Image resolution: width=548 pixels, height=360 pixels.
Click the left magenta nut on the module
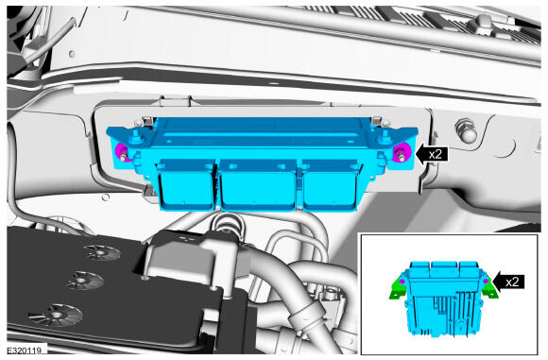pyautogui.click(x=122, y=152)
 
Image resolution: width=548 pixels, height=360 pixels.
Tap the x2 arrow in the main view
pyautogui.click(x=431, y=154)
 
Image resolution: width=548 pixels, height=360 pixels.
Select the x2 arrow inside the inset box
pyautogui.click(x=509, y=282)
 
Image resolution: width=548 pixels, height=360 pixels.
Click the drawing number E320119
pyautogui.click(x=25, y=350)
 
